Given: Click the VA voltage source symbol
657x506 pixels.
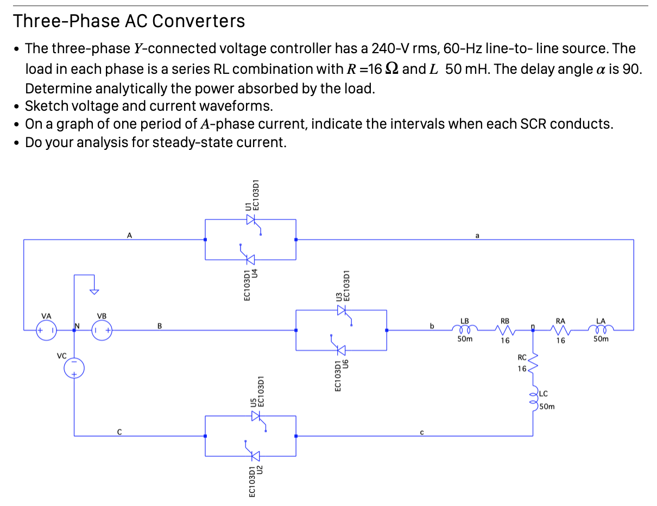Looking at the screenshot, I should click(x=46, y=330).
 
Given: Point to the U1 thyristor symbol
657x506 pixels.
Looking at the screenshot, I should click(x=251, y=219).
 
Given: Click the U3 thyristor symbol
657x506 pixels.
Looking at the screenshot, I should click(x=342, y=310).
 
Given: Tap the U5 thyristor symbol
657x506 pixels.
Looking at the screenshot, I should click(x=256, y=416).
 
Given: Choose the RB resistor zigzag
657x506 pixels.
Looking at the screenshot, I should click(x=505, y=330).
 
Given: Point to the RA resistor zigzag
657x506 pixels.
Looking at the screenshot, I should click(x=560, y=330).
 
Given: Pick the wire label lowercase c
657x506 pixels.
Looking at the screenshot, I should click(x=421, y=432).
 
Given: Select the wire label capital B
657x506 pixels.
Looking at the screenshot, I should click(x=159, y=326).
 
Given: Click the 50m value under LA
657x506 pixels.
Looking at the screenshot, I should click(x=601, y=340).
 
